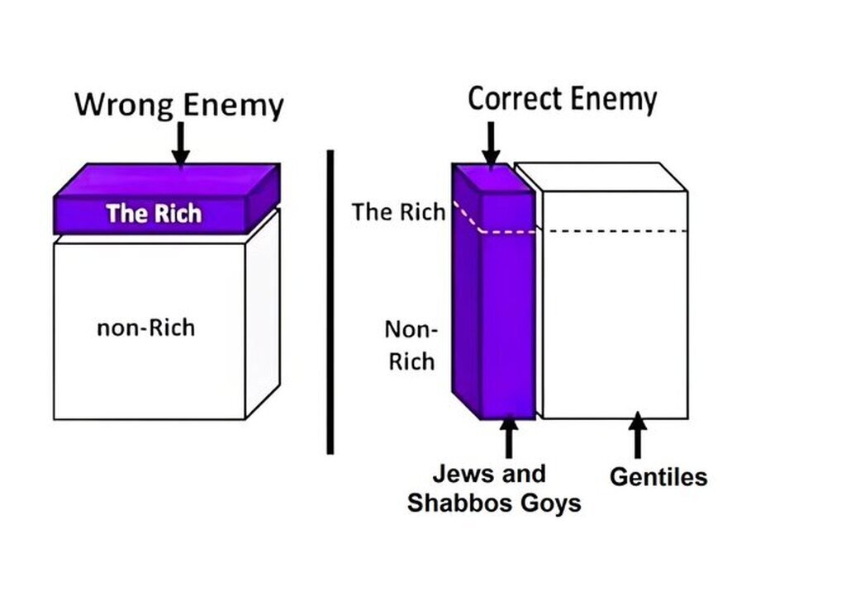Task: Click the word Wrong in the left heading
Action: [x=125, y=106]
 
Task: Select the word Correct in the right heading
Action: [x=514, y=100]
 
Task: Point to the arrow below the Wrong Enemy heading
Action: [x=180, y=143]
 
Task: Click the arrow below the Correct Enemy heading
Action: [x=491, y=143]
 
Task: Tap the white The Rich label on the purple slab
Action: [x=154, y=214]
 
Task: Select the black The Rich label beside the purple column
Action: [x=399, y=212]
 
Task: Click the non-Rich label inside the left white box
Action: [x=145, y=328]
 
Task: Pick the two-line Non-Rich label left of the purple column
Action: [x=411, y=345]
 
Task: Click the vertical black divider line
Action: [x=330, y=302]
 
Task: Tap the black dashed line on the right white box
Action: [x=618, y=231]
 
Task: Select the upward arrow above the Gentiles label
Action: [x=637, y=435]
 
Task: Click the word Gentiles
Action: [x=658, y=477]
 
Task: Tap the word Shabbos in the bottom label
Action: [x=459, y=503]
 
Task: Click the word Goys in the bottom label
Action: [x=550, y=504]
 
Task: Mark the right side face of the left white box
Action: [x=263, y=314]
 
